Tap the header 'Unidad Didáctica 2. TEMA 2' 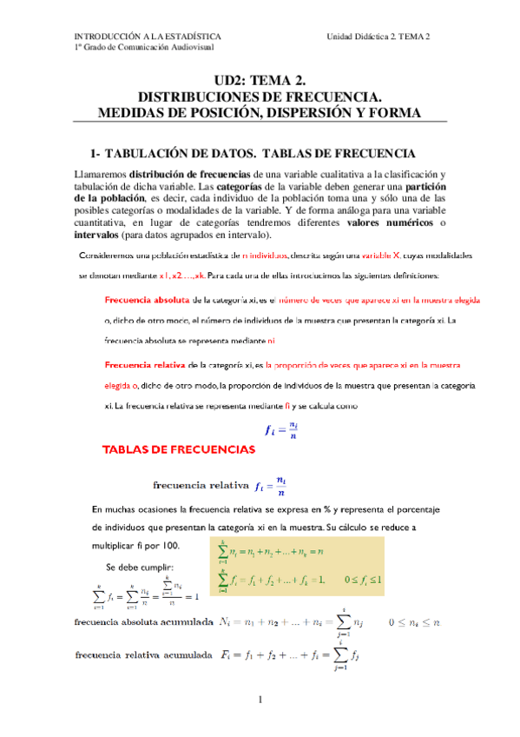click(x=378, y=36)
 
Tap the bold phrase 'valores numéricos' click(x=390, y=222)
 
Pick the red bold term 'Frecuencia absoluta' click(x=147, y=299)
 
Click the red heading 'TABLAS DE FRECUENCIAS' click(x=179, y=449)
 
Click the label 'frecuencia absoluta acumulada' click(x=144, y=622)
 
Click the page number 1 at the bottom click(x=260, y=700)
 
